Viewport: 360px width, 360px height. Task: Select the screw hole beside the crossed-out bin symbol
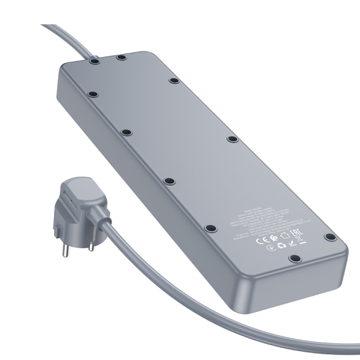click(331, 237)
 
